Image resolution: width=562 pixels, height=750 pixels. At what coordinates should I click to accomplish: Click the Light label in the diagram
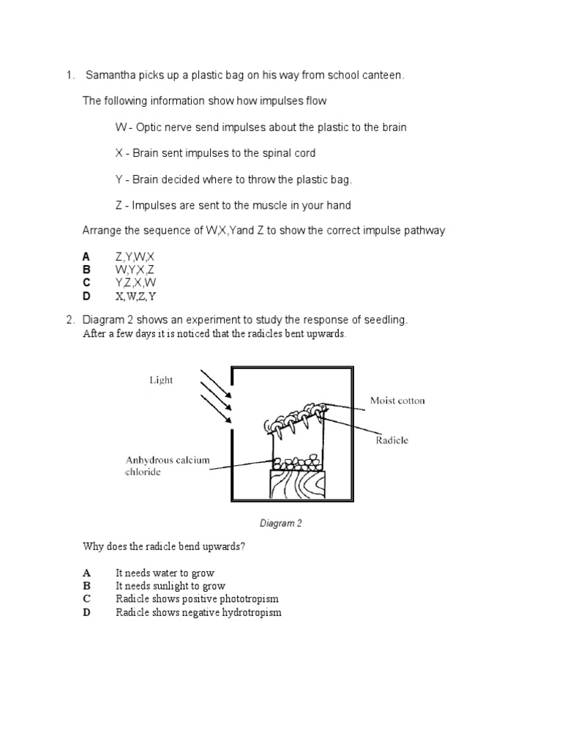[161, 380]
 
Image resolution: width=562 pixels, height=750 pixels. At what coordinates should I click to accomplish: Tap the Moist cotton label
[397, 401]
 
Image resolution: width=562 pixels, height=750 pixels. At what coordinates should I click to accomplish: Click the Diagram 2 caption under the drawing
[281, 524]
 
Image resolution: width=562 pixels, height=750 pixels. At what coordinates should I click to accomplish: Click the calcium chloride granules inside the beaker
[296, 462]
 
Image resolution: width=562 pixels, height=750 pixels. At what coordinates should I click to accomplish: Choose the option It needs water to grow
[165, 573]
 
